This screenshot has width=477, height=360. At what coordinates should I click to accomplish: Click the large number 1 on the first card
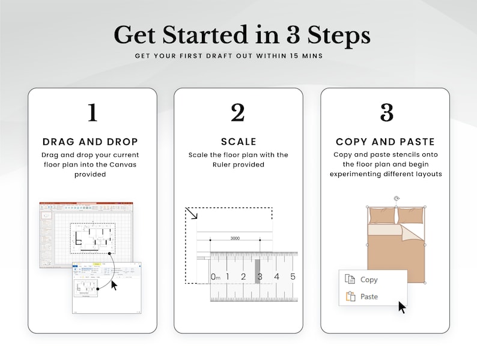[x=92, y=112]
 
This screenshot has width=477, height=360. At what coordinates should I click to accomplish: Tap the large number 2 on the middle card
[x=238, y=112]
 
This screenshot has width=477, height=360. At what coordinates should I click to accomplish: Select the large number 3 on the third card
[x=386, y=112]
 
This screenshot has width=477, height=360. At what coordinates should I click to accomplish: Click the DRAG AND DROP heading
[x=91, y=142]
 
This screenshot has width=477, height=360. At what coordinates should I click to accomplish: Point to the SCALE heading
[x=239, y=142]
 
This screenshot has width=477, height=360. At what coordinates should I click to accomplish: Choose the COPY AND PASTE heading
[x=385, y=142]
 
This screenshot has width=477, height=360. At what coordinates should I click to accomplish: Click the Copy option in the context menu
[x=368, y=279]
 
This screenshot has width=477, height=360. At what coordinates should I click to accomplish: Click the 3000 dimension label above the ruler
[x=235, y=239]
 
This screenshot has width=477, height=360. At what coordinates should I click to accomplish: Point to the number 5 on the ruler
[x=293, y=276]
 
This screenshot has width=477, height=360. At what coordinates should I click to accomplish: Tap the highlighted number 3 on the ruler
[x=259, y=276]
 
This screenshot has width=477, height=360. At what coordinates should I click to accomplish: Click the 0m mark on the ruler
[x=216, y=277]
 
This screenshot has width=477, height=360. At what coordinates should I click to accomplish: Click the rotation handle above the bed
[x=396, y=198]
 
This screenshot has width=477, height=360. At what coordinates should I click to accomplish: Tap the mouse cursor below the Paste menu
[x=402, y=308]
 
